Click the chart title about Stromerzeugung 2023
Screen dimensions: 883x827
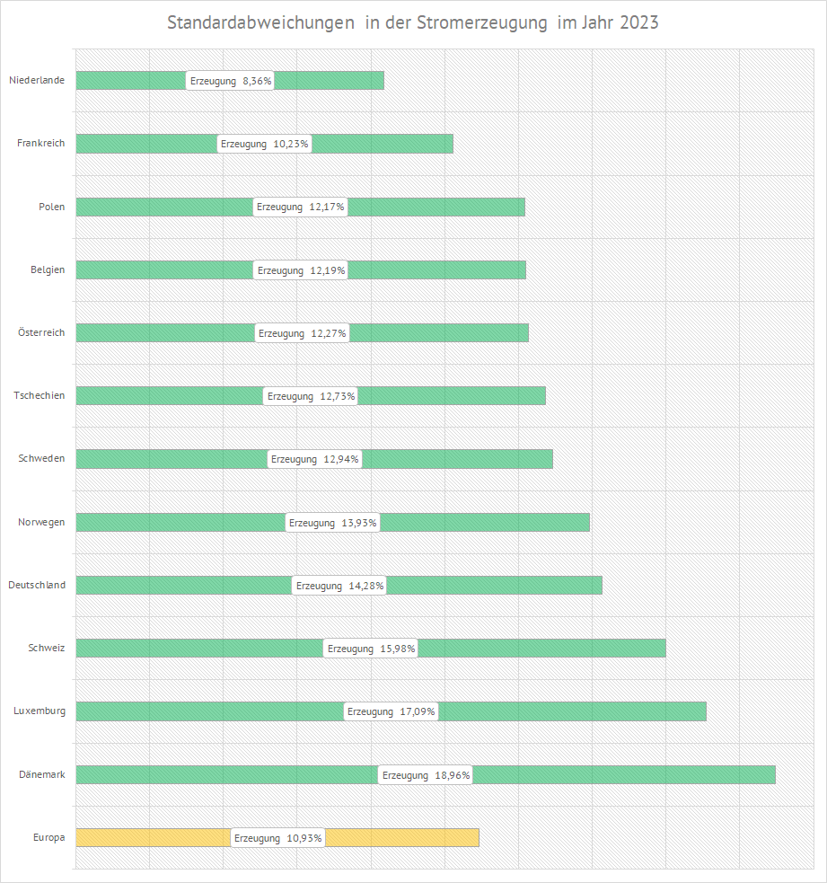click(x=413, y=23)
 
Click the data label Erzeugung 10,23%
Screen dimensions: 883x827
click(x=265, y=144)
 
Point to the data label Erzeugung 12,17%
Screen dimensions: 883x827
click(x=301, y=207)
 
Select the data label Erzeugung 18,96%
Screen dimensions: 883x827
click(x=426, y=775)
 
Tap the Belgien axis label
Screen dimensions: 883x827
click(x=48, y=269)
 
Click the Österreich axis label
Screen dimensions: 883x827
click(x=41, y=332)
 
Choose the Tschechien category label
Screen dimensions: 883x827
click(x=40, y=395)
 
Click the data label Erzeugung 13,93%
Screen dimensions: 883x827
click(x=332, y=523)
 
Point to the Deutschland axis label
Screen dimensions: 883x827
click(x=37, y=585)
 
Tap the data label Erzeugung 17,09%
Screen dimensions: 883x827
click(x=392, y=711)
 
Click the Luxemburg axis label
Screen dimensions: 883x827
click(x=40, y=711)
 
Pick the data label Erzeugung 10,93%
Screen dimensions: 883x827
click(x=277, y=838)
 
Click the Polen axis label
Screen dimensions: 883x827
click(x=52, y=207)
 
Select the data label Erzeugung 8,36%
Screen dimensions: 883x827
click(x=231, y=81)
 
